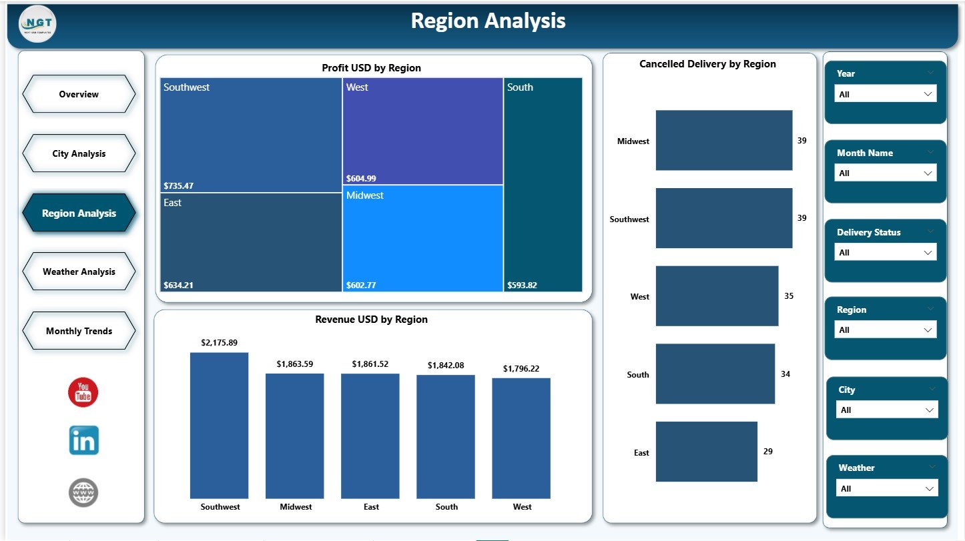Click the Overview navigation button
(x=79, y=94)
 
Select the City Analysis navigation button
(x=79, y=153)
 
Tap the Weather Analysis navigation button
(x=79, y=272)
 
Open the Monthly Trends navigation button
(x=79, y=331)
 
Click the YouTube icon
(x=83, y=392)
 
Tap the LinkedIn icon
(x=83, y=440)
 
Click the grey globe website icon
(x=83, y=493)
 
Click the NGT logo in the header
(x=38, y=24)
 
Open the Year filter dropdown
(x=886, y=94)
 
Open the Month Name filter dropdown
(x=886, y=173)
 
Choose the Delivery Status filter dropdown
(x=886, y=252)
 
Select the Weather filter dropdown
(x=887, y=488)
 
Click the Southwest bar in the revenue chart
(x=219, y=425)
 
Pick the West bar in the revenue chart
(x=521, y=438)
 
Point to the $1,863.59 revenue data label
(x=294, y=364)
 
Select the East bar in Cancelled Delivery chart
(x=706, y=452)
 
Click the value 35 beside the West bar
(x=789, y=296)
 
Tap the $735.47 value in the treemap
(x=178, y=185)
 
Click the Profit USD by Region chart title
(x=371, y=68)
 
